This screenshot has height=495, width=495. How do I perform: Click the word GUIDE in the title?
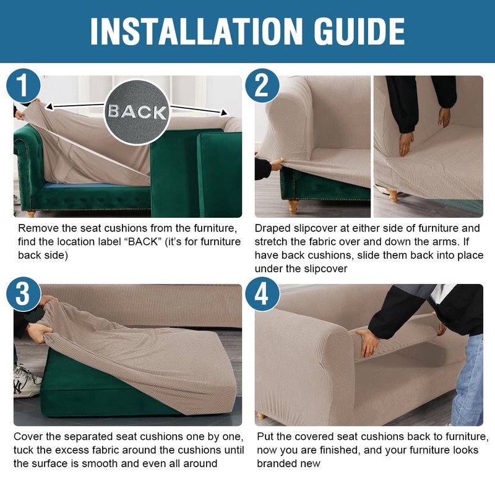click(x=359, y=32)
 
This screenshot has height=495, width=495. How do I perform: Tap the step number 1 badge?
click(x=24, y=86)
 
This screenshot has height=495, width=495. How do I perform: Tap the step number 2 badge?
click(x=262, y=86)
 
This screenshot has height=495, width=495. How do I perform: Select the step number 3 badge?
click(x=24, y=295)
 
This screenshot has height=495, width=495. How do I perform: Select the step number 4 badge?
click(x=262, y=295)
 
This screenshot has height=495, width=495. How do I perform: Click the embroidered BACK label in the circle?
click(x=137, y=112)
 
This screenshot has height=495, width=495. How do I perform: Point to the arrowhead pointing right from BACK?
click(x=224, y=113)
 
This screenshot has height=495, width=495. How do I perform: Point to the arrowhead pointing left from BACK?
click(x=49, y=106)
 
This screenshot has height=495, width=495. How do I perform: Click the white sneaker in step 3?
click(x=27, y=382)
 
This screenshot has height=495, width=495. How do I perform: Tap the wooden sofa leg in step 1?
click(x=30, y=214)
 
